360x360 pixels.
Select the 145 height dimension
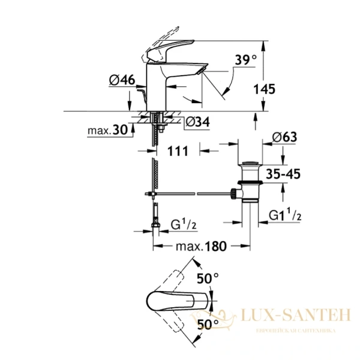264,89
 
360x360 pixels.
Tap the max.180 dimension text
200,247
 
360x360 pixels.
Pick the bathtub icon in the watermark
228,319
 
